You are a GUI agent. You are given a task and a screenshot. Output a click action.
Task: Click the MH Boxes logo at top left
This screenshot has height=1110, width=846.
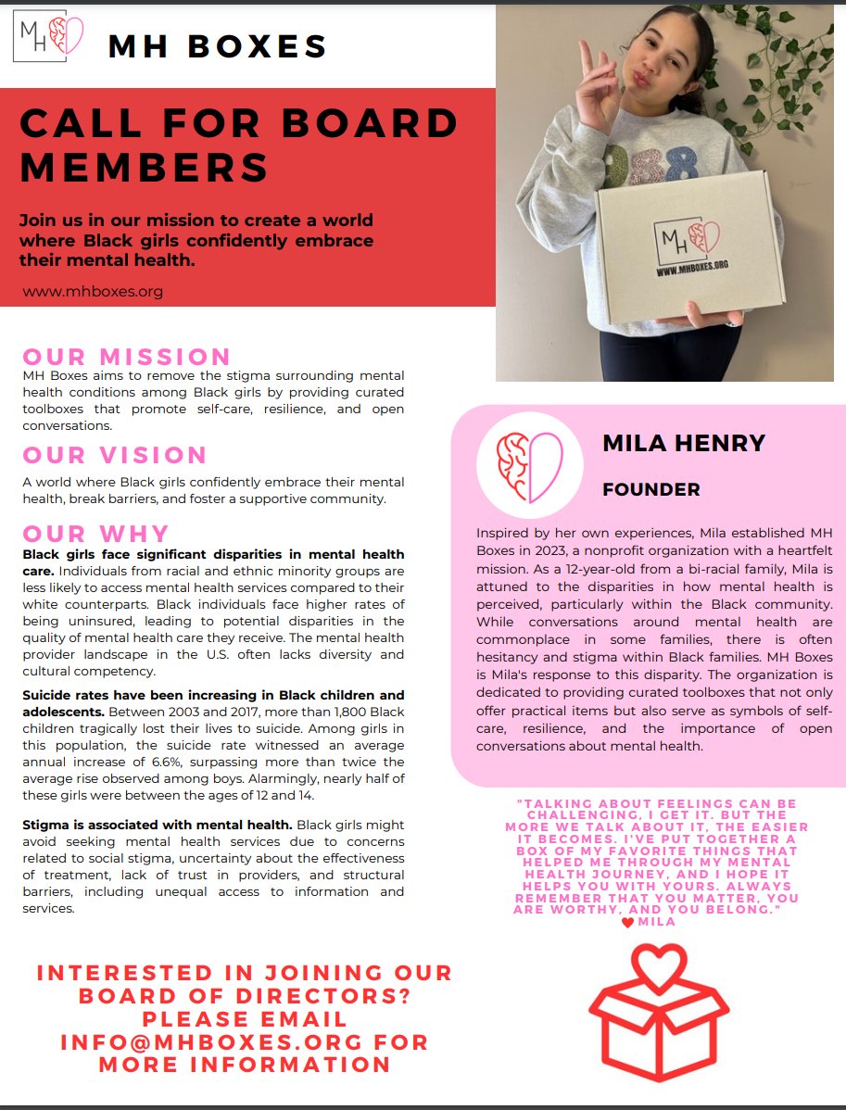tap(51, 39)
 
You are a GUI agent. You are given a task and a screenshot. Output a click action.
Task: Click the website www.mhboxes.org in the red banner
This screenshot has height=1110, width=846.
tap(93, 291)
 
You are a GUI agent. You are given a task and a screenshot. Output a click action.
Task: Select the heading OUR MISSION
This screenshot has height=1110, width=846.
tap(127, 357)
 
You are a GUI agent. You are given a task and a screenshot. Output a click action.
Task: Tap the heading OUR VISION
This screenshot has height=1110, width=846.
tap(115, 455)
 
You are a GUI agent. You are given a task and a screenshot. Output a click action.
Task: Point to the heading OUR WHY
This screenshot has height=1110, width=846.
tap(96, 534)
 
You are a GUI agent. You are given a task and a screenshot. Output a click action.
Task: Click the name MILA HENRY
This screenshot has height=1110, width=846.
tap(684, 443)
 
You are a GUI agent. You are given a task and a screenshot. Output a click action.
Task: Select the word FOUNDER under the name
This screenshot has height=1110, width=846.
tap(651, 489)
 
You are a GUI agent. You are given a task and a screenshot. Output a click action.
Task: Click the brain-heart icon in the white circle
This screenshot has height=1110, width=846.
tap(529, 465)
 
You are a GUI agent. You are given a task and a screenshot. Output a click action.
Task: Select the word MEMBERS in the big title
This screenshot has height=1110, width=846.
tap(145, 168)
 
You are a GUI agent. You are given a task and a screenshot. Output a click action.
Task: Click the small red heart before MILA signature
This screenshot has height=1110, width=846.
tap(627, 922)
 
